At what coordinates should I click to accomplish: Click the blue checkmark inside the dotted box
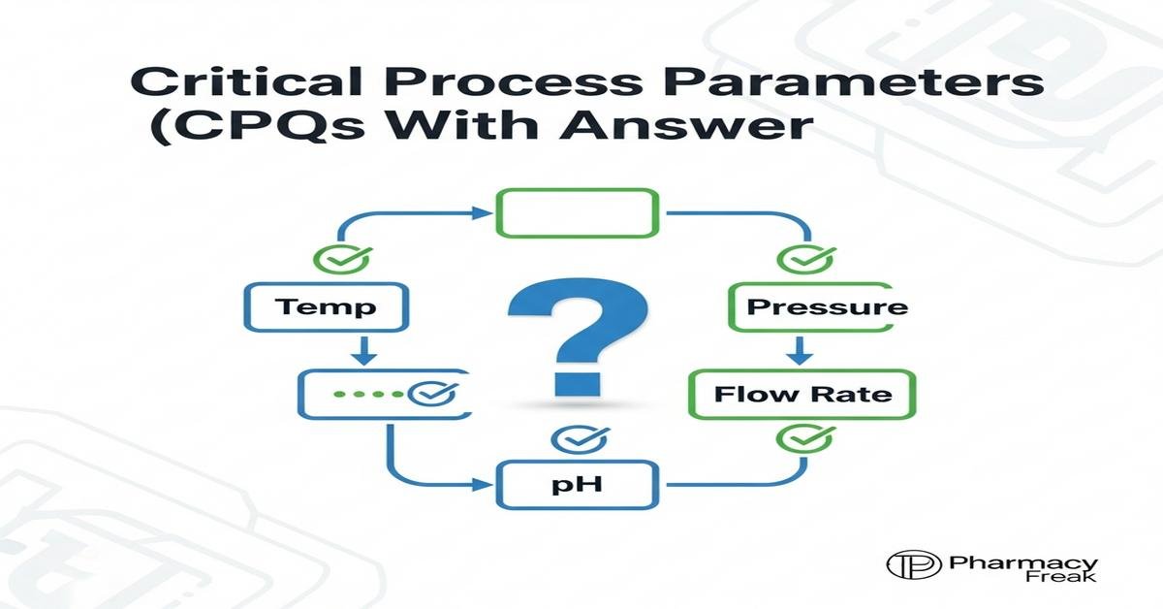(427, 394)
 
